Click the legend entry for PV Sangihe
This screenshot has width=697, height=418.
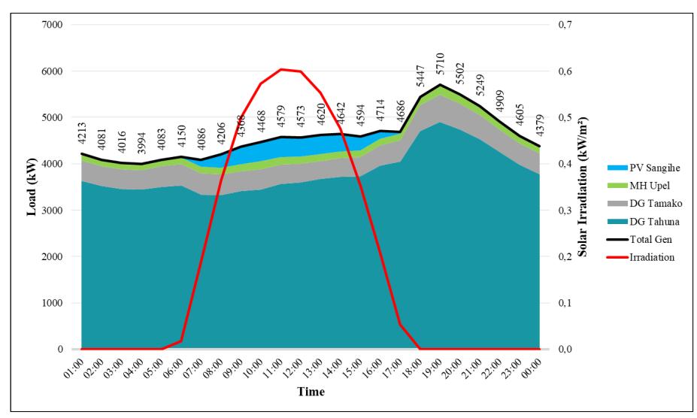click(x=643, y=168)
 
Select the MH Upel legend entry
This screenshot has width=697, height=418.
click(x=638, y=186)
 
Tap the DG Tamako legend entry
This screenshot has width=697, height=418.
click(x=644, y=204)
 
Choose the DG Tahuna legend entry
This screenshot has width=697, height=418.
click(x=643, y=222)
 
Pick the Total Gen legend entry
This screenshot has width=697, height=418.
click(x=640, y=239)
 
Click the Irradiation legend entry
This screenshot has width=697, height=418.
click(x=641, y=257)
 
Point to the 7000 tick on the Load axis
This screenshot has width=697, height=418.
click(x=53, y=25)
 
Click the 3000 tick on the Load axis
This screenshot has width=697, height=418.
click(x=53, y=210)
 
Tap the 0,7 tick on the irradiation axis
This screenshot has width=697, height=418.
click(x=565, y=25)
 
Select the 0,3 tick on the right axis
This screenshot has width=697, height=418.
click(x=565, y=210)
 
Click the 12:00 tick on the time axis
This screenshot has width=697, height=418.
click(x=291, y=368)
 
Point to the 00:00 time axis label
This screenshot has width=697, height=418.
click(x=530, y=368)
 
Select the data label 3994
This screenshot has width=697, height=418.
click(x=141, y=142)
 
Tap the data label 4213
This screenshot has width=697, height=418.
click(x=82, y=133)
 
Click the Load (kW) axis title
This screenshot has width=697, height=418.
click(x=31, y=186)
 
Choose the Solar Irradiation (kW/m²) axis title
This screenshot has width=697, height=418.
click(x=582, y=186)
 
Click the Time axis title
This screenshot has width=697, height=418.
click(x=311, y=392)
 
